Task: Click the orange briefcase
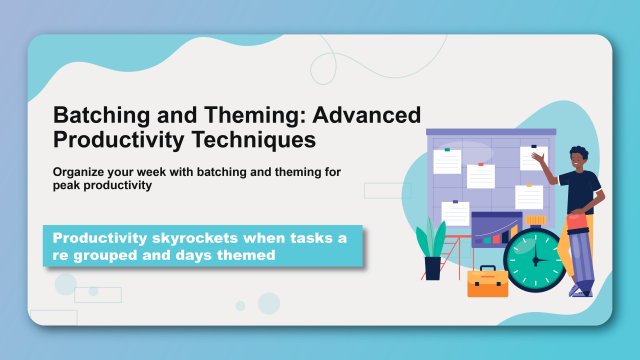coord(488,282)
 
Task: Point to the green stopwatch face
coord(534,261)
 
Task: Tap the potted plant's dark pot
coord(432,267)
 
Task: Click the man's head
coord(579,158)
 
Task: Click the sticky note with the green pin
coord(446,161)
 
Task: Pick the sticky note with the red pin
coord(481,176)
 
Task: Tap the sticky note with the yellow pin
coord(529,196)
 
